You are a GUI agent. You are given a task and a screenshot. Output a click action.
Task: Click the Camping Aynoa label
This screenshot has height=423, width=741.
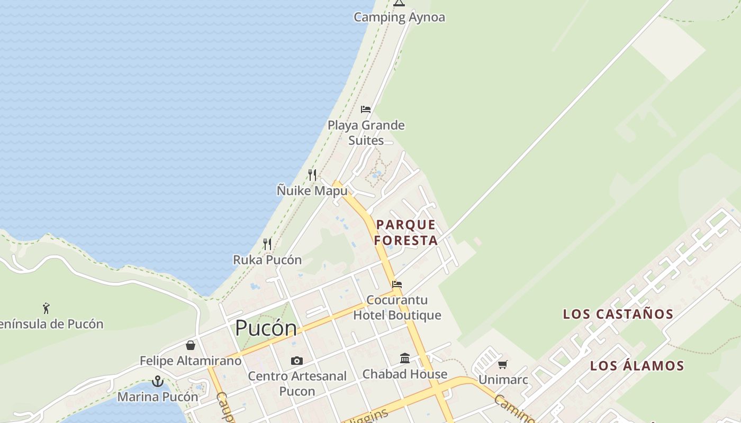[x=399, y=17]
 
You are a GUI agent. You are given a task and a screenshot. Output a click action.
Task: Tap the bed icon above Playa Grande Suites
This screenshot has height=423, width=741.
[x=366, y=109]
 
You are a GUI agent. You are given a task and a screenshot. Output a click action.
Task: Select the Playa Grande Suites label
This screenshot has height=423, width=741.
[x=366, y=133]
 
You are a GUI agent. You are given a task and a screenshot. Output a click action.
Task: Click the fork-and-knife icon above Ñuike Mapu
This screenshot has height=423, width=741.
[x=312, y=174]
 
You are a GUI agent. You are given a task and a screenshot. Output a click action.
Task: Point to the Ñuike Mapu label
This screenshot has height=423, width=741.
[x=312, y=190]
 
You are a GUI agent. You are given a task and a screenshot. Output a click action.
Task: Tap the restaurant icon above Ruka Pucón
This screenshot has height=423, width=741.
[x=267, y=244]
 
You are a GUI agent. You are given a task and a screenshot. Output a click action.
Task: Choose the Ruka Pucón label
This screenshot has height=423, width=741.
[x=267, y=260]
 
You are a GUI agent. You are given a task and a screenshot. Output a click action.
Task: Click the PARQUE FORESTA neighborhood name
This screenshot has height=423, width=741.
[x=406, y=233]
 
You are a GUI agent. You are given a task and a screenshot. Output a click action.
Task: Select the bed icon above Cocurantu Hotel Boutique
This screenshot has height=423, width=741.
[x=397, y=284]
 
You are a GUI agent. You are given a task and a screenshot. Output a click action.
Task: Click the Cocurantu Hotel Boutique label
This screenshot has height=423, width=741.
[x=397, y=308]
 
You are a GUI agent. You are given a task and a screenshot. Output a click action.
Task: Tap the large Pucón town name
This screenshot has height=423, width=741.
[x=266, y=328]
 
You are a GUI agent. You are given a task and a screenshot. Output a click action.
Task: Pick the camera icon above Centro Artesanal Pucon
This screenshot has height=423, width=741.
[x=297, y=361]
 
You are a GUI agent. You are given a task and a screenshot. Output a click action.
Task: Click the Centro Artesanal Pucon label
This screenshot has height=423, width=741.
[x=297, y=384]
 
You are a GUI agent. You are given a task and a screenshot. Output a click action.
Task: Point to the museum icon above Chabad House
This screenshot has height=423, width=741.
[x=405, y=358]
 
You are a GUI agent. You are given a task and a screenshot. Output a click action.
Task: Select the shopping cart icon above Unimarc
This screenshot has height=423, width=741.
[x=503, y=364]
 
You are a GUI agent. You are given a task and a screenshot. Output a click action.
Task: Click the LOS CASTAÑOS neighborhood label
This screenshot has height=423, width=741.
[x=618, y=314]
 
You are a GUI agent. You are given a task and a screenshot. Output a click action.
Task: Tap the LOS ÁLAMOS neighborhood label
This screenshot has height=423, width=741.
[x=637, y=366]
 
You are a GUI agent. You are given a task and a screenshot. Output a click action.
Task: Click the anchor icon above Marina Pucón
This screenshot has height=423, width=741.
[x=157, y=381]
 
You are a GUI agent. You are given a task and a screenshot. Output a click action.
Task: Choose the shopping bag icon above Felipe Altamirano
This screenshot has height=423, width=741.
[x=191, y=345]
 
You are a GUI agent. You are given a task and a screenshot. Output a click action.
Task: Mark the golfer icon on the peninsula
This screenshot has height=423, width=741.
[x=47, y=308]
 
